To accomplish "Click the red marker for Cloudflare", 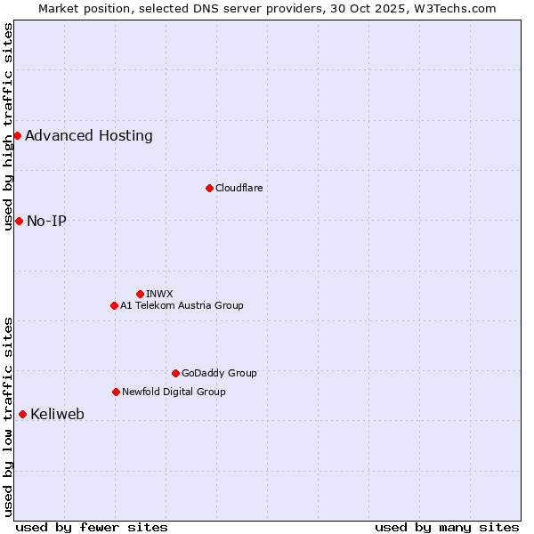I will [x=209, y=188].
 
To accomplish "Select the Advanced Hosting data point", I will [x=17, y=135].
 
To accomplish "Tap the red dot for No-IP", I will [x=19, y=221].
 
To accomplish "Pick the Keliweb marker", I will [x=22, y=414].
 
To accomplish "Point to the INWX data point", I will [x=140, y=294].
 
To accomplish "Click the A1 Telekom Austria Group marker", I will [x=114, y=305].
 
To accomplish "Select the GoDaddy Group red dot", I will [x=175, y=373].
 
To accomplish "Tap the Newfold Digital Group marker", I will [x=116, y=392].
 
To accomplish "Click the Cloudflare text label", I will [x=239, y=188].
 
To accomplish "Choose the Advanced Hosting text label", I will [x=89, y=135].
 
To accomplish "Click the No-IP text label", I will [x=46, y=221].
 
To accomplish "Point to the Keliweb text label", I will [x=57, y=414].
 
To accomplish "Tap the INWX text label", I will [x=159, y=294].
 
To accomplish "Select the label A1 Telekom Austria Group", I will [x=182, y=305].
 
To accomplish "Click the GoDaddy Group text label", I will [x=219, y=373].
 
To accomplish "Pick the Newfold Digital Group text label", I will [x=174, y=392].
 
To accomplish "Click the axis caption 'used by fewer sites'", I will [x=92, y=527].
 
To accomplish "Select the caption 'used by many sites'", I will [x=447, y=527].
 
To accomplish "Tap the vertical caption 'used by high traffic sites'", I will [x=8, y=126].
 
